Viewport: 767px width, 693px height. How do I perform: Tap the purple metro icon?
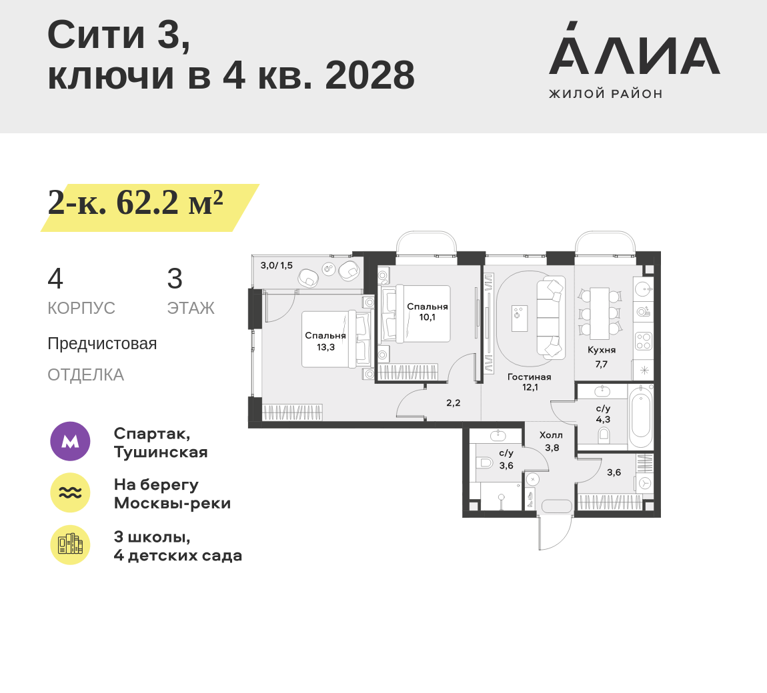[x=70, y=441]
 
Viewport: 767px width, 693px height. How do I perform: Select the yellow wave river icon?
[x=70, y=492]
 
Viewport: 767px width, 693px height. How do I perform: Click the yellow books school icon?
[x=70, y=544]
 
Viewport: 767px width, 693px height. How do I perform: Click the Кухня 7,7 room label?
[x=601, y=357]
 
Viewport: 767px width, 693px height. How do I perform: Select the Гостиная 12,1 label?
[x=529, y=382]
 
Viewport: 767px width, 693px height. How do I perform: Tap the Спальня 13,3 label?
[x=325, y=341]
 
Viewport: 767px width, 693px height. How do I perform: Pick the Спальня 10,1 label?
[x=427, y=312]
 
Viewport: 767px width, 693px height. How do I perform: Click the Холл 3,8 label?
[x=552, y=441]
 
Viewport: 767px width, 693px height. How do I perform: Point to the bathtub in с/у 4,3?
[x=640, y=419]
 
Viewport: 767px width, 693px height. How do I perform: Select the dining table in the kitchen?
[x=599, y=313]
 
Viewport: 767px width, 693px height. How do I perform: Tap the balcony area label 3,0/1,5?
[x=276, y=265]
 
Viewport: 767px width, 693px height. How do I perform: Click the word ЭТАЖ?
[x=191, y=308]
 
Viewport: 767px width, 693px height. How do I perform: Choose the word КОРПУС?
[x=81, y=308]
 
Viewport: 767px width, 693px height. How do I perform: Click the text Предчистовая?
[x=102, y=344]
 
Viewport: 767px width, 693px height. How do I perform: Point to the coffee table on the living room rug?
[x=520, y=318]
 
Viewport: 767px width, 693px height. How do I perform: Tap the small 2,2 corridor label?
[x=453, y=402]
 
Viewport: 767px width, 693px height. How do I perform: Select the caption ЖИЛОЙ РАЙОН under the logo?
[x=606, y=94]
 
